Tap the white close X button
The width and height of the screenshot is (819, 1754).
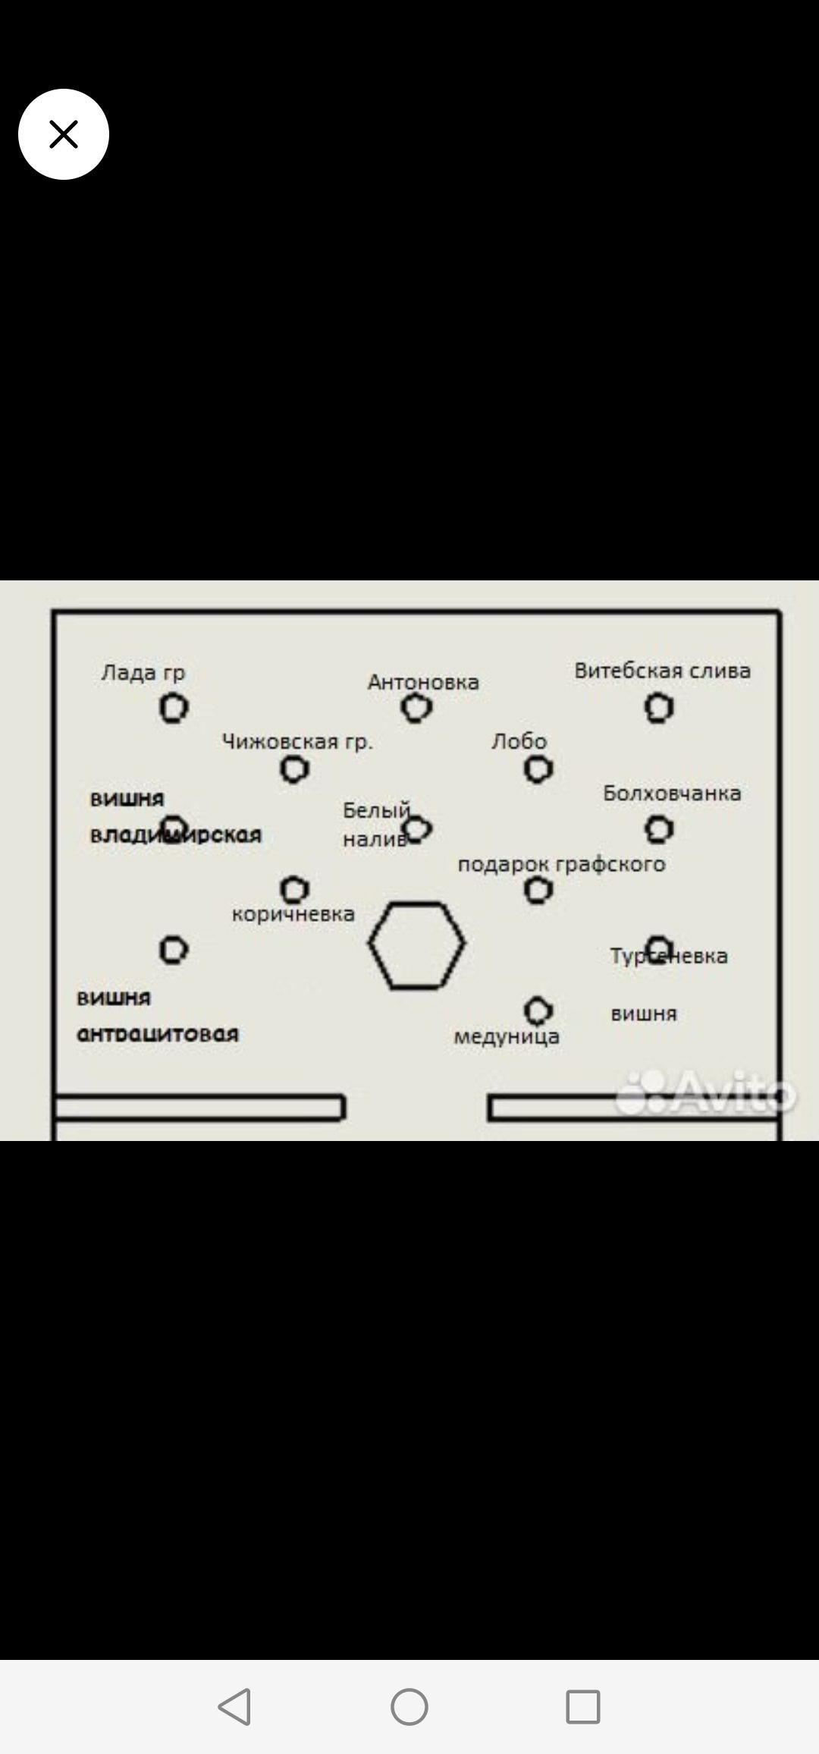point(64,134)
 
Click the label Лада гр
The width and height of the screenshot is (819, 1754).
point(143,672)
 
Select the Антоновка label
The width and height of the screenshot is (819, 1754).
point(423,682)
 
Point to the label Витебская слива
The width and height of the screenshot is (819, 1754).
point(662,671)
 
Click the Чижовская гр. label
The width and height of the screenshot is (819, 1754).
point(297,741)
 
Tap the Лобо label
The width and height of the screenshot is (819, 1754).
point(519,741)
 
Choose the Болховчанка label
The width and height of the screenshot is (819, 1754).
point(672,794)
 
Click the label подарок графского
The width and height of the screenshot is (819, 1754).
point(561,864)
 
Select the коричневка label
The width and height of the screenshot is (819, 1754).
point(293,913)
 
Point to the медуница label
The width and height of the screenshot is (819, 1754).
point(507,1036)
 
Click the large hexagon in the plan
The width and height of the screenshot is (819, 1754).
point(416,945)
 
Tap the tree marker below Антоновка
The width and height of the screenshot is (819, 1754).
point(416,708)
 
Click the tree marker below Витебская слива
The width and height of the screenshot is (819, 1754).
point(658,708)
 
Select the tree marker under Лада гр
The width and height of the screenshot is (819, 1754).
point(174,708)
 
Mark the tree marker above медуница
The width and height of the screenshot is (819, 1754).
point(538,1010)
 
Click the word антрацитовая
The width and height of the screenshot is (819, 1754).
point(158,1033)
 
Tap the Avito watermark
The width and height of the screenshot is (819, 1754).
point(705,1093)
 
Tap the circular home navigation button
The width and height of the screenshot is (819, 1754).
point(409,1707)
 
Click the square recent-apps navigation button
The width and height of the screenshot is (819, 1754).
point(582,1707)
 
